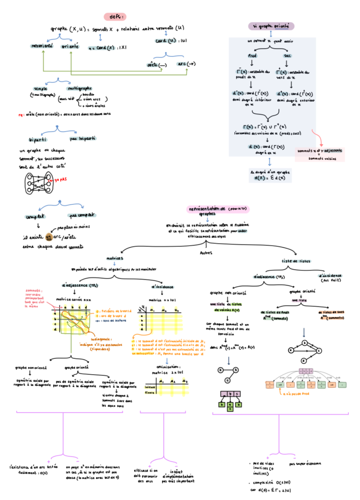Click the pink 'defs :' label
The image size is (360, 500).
(115, 17)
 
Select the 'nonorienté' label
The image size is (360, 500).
(42, 46)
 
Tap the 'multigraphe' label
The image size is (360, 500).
(80, 89)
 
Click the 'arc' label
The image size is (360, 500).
(181, 64)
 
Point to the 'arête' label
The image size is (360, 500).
(152, 65)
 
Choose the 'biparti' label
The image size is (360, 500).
(38, 140)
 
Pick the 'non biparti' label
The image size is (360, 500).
(83, 138)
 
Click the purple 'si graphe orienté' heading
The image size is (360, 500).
(271, 26)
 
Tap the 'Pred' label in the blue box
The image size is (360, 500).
(253, 56)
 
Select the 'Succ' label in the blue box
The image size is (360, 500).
(287, 56)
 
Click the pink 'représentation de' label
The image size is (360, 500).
(218, 209)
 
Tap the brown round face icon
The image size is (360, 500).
(49, 236)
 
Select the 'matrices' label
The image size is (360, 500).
(114, 259)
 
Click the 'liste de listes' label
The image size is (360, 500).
(297, 261)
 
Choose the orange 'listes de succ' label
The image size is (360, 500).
(332, 312)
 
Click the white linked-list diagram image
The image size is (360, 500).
(306, 379)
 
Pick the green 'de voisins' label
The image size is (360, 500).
(227, 310)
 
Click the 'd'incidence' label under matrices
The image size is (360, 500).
(163, 287)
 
